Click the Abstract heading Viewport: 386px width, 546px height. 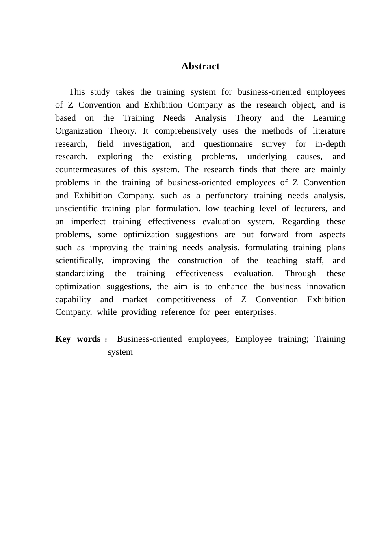pyautogui.click(x=200, y=66)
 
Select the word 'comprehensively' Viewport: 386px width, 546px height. pyautogui.click(x=185, y=131)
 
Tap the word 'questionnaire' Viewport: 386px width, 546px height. pyautogui.click(x=228, y=144)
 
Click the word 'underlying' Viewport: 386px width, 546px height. pyautogui.click(x=267, y=157)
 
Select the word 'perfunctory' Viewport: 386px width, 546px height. pyautogui.click(x=227, y=195)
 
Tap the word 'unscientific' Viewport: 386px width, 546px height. pyautogui.click(x=76, y=208)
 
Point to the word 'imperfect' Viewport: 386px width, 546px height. pyautogui.click(x=88, y=221)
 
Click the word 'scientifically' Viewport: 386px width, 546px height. pyautogui.click(x=79, y=260)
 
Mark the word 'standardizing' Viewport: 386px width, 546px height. pyautogui.click(x=80, y=273)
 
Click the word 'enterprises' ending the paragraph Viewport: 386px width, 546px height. pyautogui.click(x=255, y=312)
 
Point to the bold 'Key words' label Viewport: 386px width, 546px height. pyautogui.click(x=78, y=339)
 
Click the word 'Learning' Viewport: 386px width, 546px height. pyautogui.click(x=329, y=118)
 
